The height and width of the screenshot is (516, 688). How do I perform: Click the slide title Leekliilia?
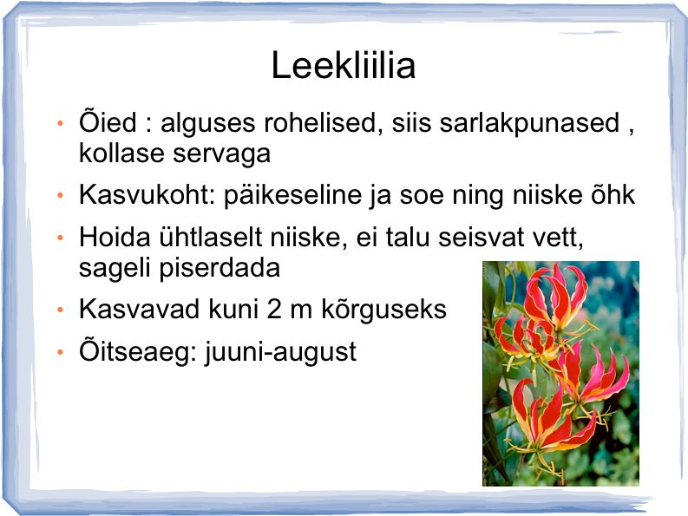(x=343, y=65)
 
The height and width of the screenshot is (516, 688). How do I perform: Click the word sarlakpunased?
(x=529, y=123)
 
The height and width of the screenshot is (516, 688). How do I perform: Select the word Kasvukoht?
(x=147, y=194)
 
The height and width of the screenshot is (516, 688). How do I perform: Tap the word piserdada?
(x=220, y=269)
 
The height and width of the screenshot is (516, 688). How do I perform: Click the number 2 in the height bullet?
(x=274, y=309)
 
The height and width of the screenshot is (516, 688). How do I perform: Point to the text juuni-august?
(x=281, y=353)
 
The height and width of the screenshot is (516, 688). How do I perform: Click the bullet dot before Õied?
(x=61, y=123)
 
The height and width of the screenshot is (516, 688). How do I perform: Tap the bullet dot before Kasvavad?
(x=61, y=310)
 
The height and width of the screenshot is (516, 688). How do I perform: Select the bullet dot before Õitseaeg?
(x=61, y=352)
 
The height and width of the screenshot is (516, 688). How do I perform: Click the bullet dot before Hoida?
(x=61, y=238)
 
